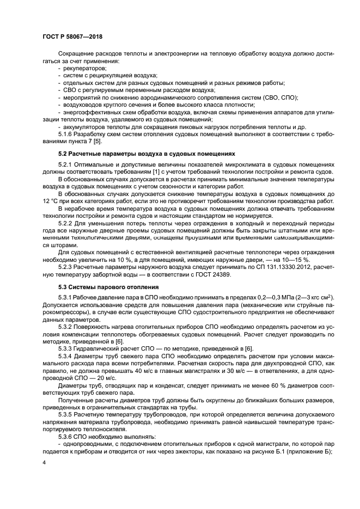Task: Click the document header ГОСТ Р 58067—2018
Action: pyautogui.click(x=72, y=37)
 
